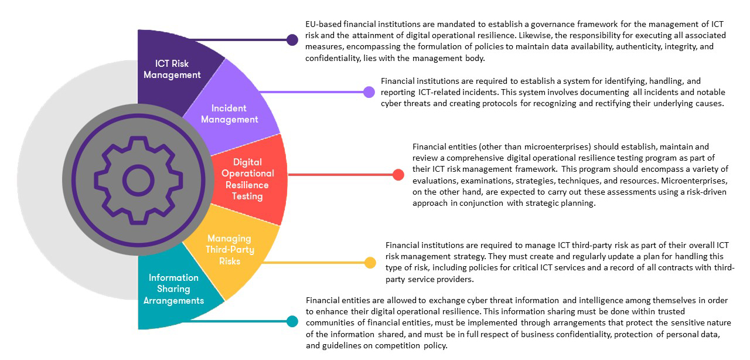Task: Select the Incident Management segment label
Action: point(229,114)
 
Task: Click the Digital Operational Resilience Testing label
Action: point(247,179)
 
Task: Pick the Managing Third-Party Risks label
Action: point(229,249)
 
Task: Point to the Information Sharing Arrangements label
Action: point(173,289)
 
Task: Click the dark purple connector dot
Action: point(292,40)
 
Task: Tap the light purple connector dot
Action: point(369,91)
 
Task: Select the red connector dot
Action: point(398,175)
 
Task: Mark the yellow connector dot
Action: point(370,263)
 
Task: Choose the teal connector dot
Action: point(292,321)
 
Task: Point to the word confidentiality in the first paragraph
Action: point(332,58)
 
